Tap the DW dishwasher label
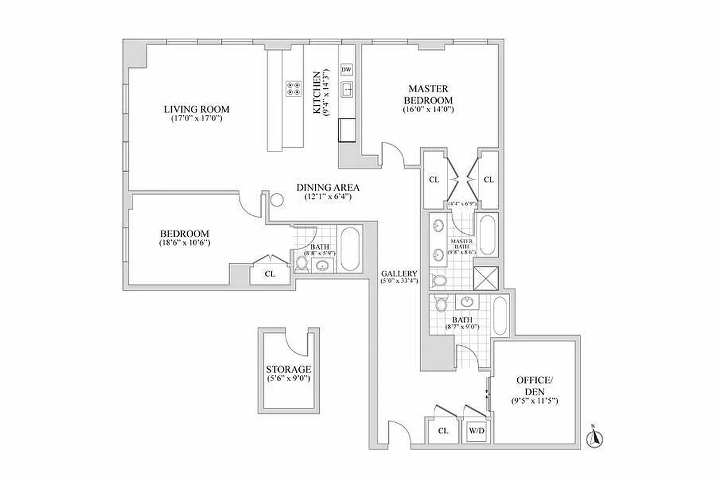point(347,70)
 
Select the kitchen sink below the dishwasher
point(347,90)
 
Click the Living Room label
point(196,109)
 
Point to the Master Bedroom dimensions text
point(428,110)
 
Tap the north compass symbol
point(594,437)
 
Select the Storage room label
point(289,370)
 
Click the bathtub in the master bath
point(487,237)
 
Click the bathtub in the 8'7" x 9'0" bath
point(500,317)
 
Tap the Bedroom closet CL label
point(269,274)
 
